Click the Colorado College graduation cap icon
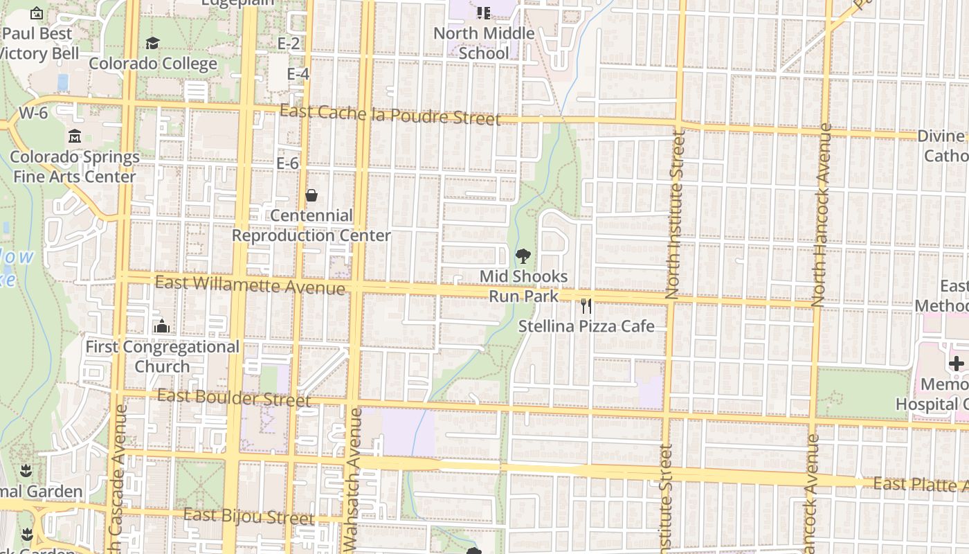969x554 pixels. click(152, 44)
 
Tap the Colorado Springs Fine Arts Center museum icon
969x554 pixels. click(75, 136)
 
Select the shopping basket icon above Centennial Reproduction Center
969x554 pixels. click(311, 195)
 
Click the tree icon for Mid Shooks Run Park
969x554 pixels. click(523, 256)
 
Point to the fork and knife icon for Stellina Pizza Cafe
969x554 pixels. click(586, 305)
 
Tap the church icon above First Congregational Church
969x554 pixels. click(162, 325)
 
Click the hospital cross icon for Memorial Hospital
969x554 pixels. click(957, 364)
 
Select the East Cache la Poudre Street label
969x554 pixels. click(390, 115)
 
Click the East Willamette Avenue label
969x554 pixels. click(250, 284)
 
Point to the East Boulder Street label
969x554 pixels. click(234, 397)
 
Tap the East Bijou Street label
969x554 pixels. click(249, 516)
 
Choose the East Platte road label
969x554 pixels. click(919, 483)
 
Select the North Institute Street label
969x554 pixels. click(675, 215)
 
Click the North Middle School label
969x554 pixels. click(484, 43)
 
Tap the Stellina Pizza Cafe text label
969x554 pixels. click(586, 325)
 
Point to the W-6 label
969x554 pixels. click(33, 113)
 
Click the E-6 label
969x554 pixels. click(288, 163)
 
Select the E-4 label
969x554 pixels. click(298, 73)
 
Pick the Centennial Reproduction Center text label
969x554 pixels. click(311, 226)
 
